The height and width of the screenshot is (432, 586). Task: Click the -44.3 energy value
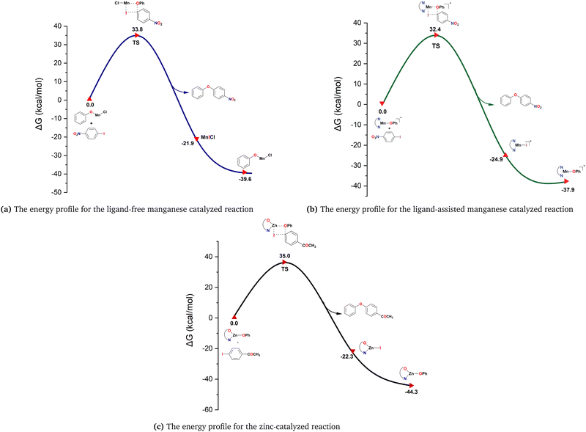[x=411, y=393]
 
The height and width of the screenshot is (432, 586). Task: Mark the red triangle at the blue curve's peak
[x=137, y=36]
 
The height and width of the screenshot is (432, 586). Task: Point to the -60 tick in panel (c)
[x=209, y=409]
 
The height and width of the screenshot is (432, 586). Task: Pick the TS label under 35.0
[x=285, y=269]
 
